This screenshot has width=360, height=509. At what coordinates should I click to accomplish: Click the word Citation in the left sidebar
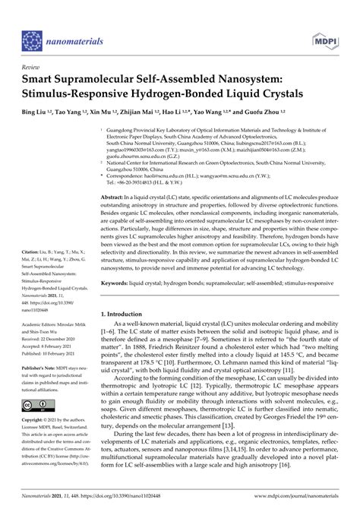[33, 272]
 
